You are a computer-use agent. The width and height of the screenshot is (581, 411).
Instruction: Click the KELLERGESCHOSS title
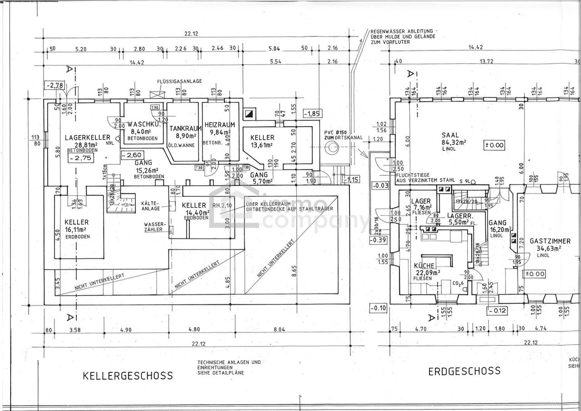(x=128, y=376)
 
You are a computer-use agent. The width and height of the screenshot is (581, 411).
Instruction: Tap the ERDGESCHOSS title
(x=464, y=371)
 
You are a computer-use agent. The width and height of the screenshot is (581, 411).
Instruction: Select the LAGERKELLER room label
(x=88, y=137)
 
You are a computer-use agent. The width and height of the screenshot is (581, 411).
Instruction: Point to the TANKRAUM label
(x=182, y=129)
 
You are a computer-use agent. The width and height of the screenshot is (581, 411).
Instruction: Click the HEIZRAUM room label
(x=220, y=124)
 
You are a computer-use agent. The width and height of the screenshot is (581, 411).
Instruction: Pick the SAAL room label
(x=450, y=135)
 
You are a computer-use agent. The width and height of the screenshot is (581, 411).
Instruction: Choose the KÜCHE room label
(x=424, y=266)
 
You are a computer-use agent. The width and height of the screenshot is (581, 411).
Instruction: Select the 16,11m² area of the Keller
(x=76, y=229)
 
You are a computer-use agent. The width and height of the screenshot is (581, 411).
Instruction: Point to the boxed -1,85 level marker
(x=312, y=113)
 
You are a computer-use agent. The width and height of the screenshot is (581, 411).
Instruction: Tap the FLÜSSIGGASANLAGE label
(x=180, y=81)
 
